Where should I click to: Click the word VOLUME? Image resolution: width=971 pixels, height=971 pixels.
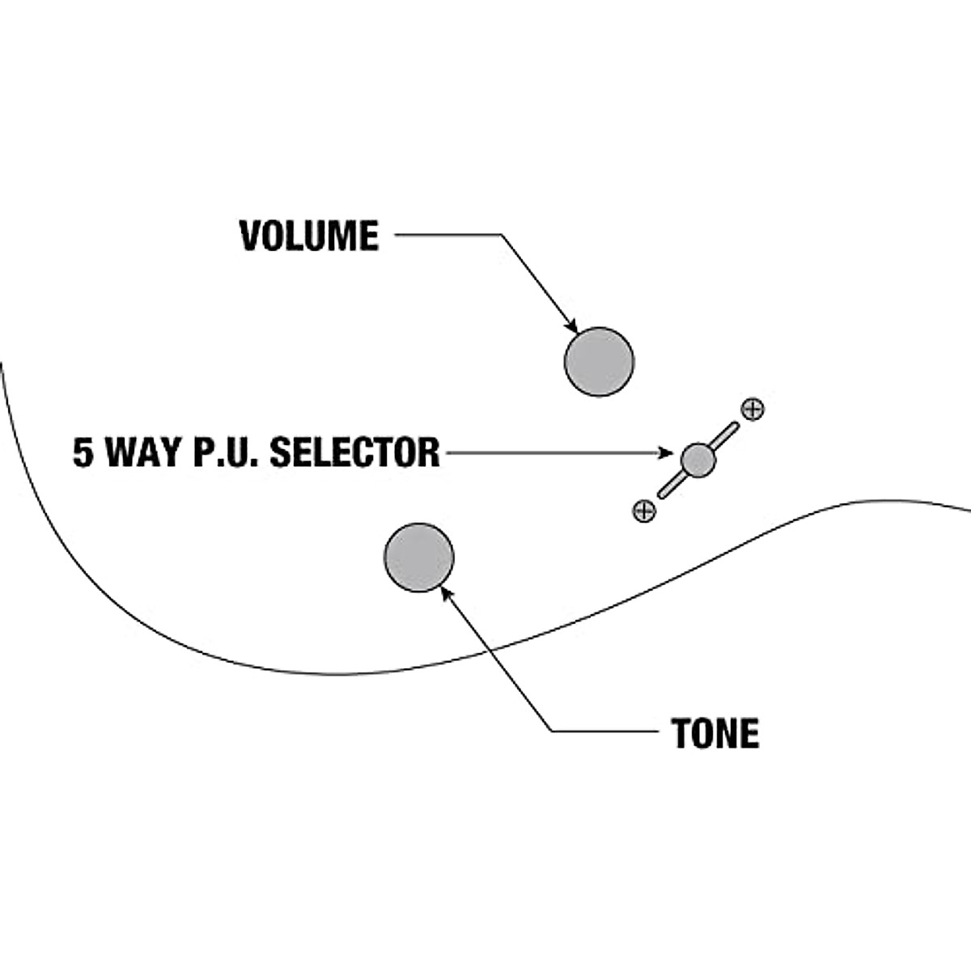pos(309,235)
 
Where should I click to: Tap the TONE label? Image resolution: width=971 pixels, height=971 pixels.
pos(715,733)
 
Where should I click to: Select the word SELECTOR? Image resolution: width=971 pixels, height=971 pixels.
pos(354,452)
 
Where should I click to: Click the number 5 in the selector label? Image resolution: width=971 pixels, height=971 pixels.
pos(83,452)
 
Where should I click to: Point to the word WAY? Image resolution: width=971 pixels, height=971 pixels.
pos(143,452)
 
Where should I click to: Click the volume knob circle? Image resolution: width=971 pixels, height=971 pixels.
pos(599,362)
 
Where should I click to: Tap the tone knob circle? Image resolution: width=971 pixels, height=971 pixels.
pos(419,558)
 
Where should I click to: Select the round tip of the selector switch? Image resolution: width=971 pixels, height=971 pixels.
pos(698,460)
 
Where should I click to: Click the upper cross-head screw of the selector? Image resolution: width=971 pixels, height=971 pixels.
pos(753,409)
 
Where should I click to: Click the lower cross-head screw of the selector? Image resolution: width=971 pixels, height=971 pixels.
pos(644,511)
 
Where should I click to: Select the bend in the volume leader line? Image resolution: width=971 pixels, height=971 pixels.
pos(502,235)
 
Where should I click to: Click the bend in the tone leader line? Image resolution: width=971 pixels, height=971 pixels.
pos(551,731)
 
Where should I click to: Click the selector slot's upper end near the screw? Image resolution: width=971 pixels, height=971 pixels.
pos(736,426)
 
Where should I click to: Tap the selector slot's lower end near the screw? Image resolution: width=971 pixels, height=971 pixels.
pos(661,495)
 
